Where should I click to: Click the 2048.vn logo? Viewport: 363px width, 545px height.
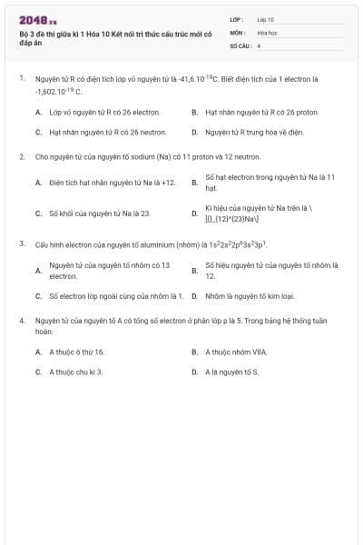(x=37, y=19)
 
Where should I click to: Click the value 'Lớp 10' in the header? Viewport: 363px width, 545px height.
(x=265, y=19)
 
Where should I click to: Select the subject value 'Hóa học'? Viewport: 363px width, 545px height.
(x=266, y=32)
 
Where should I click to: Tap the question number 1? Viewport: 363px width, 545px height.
(x=21, y=79)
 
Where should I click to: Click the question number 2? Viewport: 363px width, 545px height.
(x=21, y=156)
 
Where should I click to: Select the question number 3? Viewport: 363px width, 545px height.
(x=21, y=244)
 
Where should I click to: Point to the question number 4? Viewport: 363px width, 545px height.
(x=21, y=321)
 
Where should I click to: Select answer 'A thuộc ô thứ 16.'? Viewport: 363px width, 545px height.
(x=77, y=352)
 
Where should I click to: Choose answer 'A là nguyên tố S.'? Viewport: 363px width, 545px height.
(x=231, y=372)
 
